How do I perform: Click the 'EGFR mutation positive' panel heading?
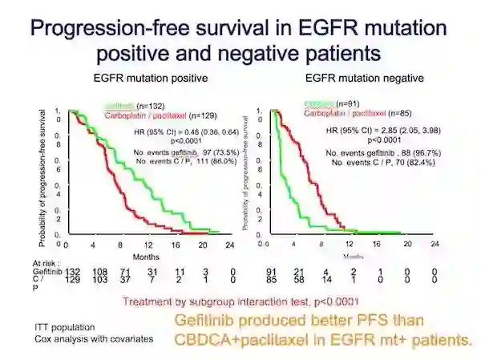coord(151,78)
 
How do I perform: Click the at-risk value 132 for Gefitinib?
coord(73,273)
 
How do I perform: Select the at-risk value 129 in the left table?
coord(73,281)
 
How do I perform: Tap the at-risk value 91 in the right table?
coord(272,273)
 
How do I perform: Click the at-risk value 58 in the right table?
coord(299,281)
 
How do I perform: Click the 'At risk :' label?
coord(48,263)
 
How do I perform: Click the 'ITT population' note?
coord(64,328)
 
